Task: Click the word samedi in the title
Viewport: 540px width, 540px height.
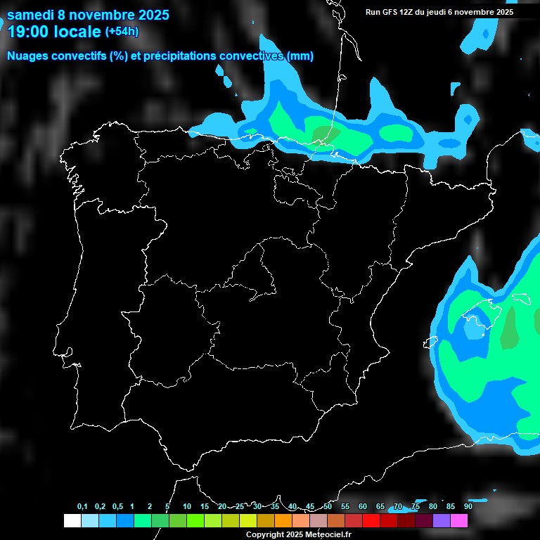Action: coord(32,14)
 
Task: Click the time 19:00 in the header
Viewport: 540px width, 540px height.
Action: coord(28,32)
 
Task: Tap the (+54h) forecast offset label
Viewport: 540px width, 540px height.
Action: coord(122,32)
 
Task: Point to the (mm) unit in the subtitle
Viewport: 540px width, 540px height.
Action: coord(300,56)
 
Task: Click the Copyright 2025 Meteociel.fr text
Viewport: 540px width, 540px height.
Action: coord(299,534)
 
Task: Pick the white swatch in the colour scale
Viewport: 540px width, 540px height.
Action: coord(72,520)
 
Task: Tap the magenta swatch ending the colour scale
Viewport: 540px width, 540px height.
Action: coord(458,520)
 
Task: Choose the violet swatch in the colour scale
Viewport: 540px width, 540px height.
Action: coord(441,520)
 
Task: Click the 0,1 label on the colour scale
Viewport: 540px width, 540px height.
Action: coord(82,507)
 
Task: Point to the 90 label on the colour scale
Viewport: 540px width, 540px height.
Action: coord(468,507)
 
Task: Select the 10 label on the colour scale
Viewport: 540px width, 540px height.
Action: coord(186,507)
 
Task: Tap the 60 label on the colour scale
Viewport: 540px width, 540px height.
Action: coord(362,507)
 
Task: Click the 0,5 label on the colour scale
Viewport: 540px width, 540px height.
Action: coord(117,507)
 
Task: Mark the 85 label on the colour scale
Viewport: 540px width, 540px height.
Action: coord(450,507)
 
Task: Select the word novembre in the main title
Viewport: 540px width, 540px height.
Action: coord(103,14)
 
